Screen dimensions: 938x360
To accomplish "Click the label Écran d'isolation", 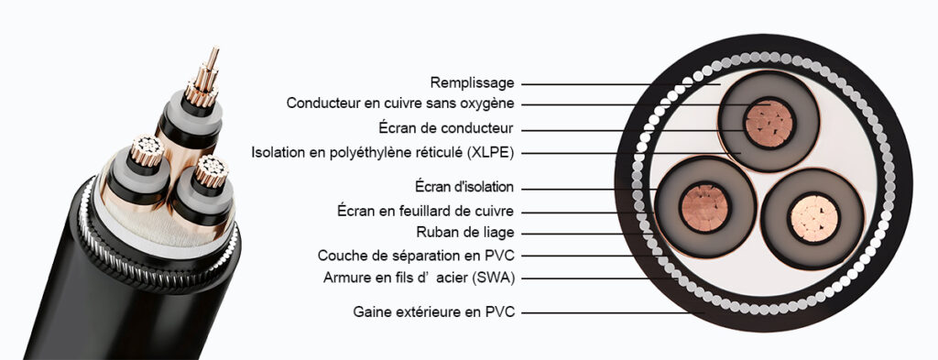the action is (459, 188).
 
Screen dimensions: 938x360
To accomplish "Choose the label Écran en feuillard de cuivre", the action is (425, 212).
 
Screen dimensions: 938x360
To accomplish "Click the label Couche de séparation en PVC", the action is (416, 255).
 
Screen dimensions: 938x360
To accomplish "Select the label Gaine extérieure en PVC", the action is (433, 312).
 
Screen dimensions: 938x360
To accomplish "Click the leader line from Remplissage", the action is (623, 84).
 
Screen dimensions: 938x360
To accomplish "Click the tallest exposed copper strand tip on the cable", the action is (215, 51).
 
